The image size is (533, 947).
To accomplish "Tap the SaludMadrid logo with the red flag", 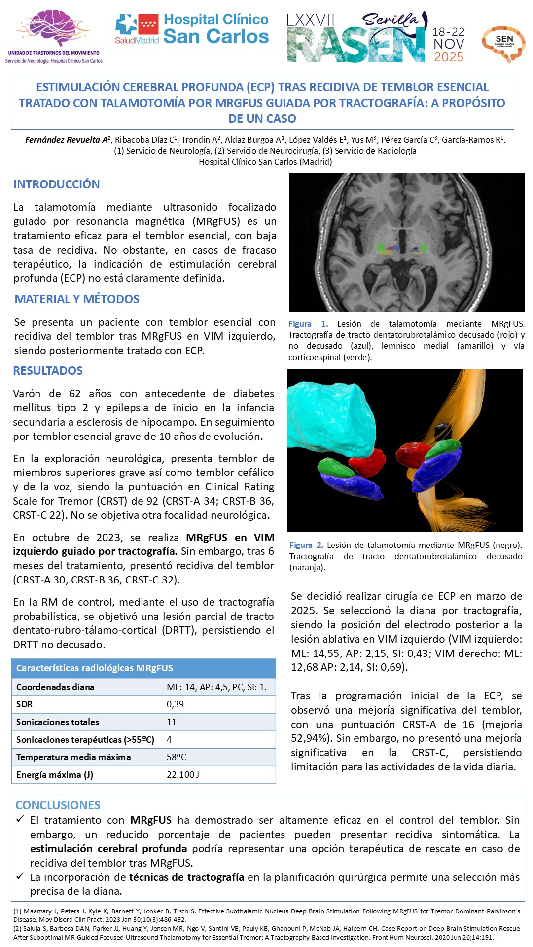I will coord(137,29).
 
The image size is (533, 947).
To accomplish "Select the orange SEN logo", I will coord(503,43).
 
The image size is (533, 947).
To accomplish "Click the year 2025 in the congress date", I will coord(448,57).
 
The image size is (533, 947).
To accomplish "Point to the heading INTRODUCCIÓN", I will coord(57,184).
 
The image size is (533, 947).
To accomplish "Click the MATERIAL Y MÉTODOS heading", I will coord(77,299).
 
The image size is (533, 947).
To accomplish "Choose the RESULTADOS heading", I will coord(48,371).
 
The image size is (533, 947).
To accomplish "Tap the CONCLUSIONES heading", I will coord(58,805).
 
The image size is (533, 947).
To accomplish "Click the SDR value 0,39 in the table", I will coord(175,704).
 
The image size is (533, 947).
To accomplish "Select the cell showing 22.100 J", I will coord(183,775).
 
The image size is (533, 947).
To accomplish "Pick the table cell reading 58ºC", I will coord(177,757).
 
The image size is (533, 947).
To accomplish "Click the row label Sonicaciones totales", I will coord(58,722).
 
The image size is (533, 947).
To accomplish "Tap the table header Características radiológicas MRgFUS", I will coord(95,668).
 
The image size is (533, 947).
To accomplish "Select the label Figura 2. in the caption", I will coord(306,545).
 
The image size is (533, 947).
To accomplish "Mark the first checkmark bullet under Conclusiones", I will coord(20,819).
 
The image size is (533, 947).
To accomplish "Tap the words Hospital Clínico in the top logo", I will coord(216,20).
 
